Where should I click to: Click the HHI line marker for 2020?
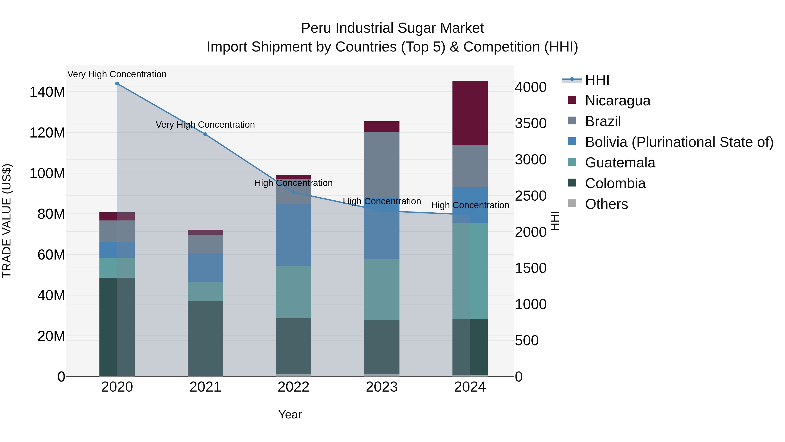click(x=117, y=84)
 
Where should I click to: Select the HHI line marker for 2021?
click(x=205, y=134)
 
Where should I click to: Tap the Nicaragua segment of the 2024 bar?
click(x=470, y=113)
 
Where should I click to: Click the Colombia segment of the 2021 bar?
click(x=205, y=339)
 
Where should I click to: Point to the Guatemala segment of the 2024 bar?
click(x=470, y=271)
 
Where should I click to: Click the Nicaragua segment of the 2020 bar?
click(x=117, y=216)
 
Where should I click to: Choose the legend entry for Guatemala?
click(x=620, y=163)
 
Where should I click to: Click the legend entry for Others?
click(x=606, y=204)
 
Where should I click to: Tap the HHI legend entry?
click(x=597, y=80)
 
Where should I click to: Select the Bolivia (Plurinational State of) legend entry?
click(x=679, y=142)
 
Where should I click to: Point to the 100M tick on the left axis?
click(x=47, y=173)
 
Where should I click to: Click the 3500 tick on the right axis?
click(x=531, y=123)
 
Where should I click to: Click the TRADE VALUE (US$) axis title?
click(x=7, y=221)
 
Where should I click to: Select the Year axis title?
click(x=290, y=414)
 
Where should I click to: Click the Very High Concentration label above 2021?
click(x=205, y=125)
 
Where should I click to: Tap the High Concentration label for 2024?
click(x=470, y=205)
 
